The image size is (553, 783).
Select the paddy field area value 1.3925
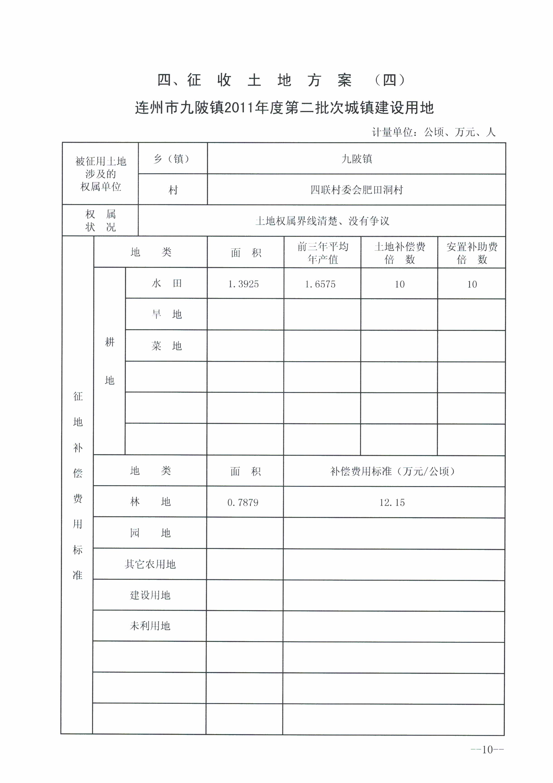pos(243,284)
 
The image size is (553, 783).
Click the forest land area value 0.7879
pos(243,502)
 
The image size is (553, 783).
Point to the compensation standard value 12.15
pos(392,502)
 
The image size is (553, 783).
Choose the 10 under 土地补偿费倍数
pos(399,284)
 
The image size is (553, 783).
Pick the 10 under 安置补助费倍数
pos(472,284)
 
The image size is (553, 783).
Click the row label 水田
pos(166,283)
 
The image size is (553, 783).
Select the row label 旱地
pos(166,314)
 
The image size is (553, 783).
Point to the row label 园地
pos(150,533)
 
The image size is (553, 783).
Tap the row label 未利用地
pos(150,626)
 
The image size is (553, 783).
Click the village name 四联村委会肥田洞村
pos(356,190)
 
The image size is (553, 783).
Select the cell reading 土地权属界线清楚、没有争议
pos(322,221)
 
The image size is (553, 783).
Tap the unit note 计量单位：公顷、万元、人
pos(433,132)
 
